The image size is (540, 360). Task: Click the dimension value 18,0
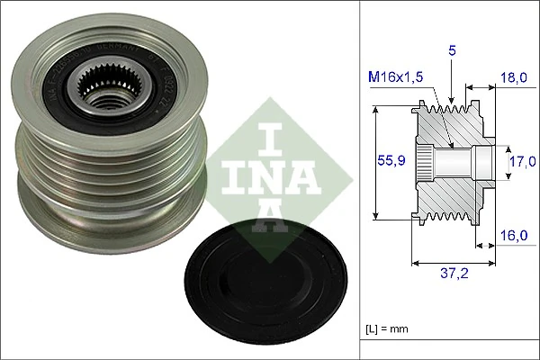pos(516,79)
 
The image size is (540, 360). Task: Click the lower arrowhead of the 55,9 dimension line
pos(376,217)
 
